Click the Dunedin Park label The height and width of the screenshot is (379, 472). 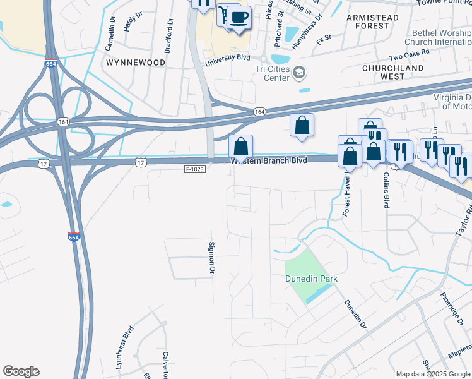[311, 279]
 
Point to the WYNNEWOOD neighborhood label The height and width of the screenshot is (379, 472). [136, 63]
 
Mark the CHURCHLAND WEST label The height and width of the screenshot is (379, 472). [392, 72]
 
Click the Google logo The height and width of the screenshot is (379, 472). [21, 371]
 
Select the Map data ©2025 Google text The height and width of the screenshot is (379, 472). [432, 374]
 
